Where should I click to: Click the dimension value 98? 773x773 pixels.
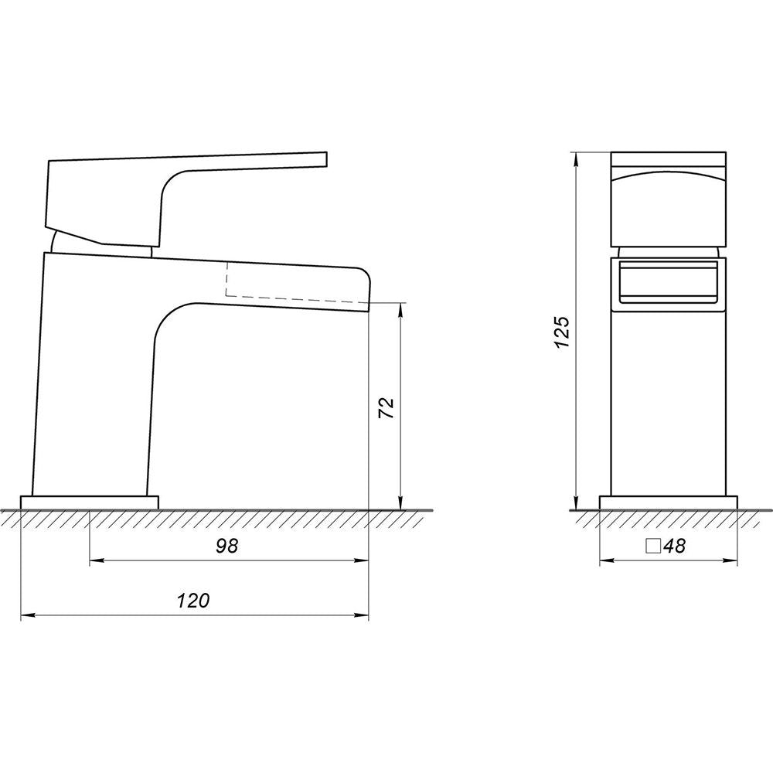[x=226, y=546]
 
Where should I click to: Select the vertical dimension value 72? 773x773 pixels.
[x=386, y=407]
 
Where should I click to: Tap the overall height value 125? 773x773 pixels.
[x=562, y=332]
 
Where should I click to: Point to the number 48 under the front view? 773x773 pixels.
[x=674, y=546]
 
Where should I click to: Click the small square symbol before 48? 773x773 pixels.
[x=654, y=547]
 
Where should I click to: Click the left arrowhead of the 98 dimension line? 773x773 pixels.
[x=96, y=560]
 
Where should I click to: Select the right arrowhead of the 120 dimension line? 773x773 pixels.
[x=362, y=615]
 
